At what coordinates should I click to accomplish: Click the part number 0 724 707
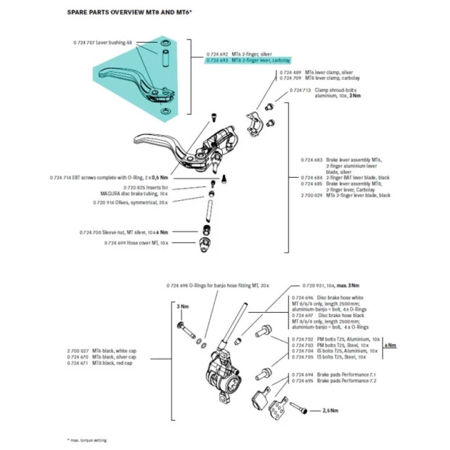pos(84,43)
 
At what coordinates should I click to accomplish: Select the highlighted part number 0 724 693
pos(218,61)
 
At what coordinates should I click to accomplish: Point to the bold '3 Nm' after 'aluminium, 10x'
pos(355,96)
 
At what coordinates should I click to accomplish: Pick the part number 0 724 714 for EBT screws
pos(63,177)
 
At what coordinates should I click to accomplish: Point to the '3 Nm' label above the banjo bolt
pos(182,308)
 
